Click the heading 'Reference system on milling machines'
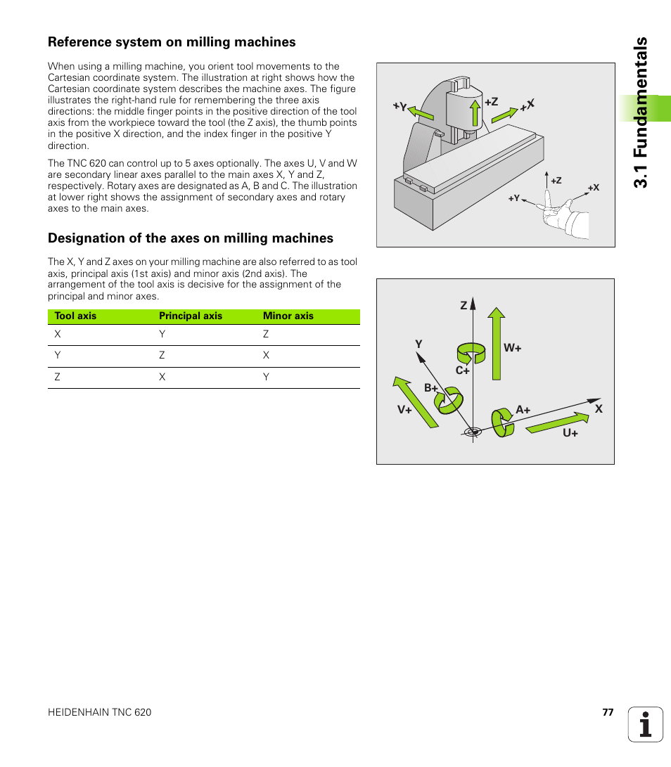tap(172, 42)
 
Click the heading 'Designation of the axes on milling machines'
tap(191, 238)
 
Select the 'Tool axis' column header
tap(75, 316)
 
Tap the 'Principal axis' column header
tap(191, 316)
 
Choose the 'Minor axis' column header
tap(288, 316)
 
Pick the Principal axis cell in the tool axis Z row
tap(162, 378)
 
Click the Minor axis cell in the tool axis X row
tap(266, 335)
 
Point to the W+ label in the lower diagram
tap(513, 348)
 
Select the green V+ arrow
tap(416, 402)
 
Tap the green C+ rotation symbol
tap(471, 352)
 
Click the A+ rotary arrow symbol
tap(502, 422)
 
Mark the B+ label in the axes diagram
tap(430, 388)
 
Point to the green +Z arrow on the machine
tap(475, 112)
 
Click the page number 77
tap(608, 712)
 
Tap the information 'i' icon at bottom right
tap(646, 724)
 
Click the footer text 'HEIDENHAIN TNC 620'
tap(99, 712)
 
